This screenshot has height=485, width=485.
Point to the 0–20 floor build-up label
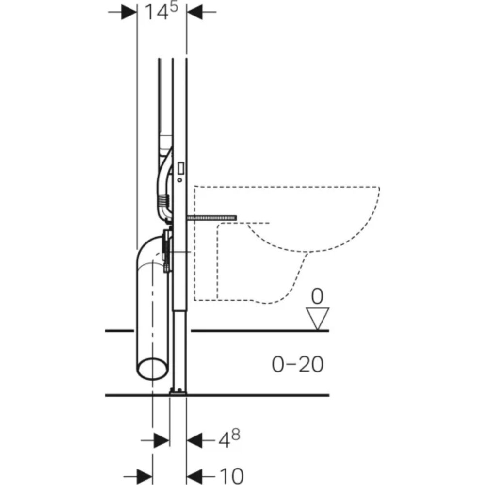297,364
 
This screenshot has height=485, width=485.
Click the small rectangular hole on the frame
181,168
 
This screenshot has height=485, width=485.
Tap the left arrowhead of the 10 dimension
144,475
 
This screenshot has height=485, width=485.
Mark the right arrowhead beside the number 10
196,475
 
